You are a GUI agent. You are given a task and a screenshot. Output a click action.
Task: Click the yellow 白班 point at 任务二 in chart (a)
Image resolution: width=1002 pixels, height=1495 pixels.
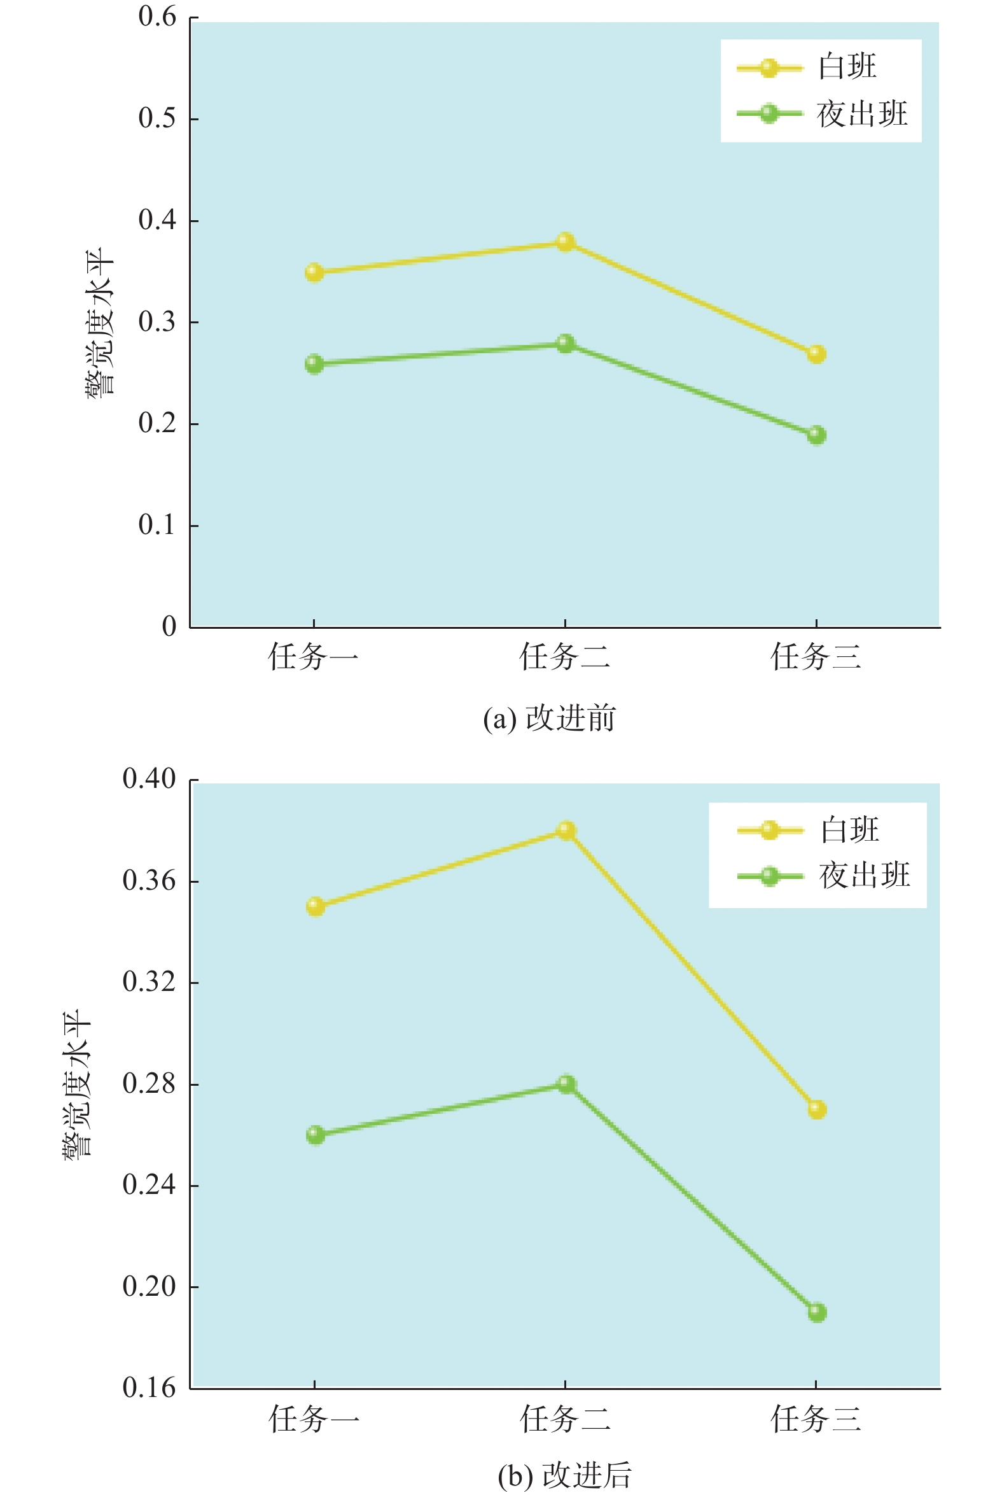pyautogui.click(x=566, y=242)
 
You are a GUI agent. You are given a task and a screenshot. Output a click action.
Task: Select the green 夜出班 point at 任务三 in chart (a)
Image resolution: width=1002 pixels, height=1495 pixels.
pyautogui.click(x=816, y=435)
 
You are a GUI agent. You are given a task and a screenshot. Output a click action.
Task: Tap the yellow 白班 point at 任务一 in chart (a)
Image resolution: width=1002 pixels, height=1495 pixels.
pyautogui.click(x=314, y=273)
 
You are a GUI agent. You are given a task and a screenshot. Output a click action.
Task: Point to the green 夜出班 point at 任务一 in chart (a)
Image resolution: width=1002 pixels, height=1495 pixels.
pyautogui.click(x=314, y=364)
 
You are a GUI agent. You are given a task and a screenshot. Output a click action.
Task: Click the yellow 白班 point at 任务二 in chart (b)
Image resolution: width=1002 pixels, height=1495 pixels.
pyautogui.click(x=566, y=831)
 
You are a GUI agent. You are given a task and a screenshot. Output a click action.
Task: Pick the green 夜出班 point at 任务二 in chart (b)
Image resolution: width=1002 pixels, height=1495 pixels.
pyautogui.click(x=566, y=1084)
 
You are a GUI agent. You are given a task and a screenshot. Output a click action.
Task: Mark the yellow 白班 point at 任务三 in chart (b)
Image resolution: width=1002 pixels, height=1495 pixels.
pyautogui.click(x=817, y=1109)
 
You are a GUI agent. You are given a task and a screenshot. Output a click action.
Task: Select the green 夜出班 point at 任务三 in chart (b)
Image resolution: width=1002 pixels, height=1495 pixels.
pyautogui.click(x=817, y=1313)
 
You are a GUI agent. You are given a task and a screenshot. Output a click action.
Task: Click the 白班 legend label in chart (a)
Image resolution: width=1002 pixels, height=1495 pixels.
pyautogui.click(x=847, y=67)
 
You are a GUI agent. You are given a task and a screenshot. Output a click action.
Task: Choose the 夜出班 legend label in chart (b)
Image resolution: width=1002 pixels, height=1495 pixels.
pyautogui.click(x=865, y=875)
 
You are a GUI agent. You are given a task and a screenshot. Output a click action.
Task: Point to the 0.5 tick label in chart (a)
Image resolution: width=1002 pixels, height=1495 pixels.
pyautogui.click(x=157, y=118)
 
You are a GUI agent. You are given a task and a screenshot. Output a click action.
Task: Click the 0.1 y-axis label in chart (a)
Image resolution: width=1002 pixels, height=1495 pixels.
pyautogui.click(x=157, y=526)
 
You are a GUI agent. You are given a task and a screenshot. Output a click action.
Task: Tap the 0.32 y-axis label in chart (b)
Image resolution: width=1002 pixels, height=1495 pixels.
pyautogui.click(x=149, y=983)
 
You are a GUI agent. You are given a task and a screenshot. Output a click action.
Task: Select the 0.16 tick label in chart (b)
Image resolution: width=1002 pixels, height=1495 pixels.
pyautogui.click(x=149, y=1388)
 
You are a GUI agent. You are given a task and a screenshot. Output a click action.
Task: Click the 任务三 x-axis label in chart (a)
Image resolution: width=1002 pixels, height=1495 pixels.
pyautogui.click(x=816, y=657)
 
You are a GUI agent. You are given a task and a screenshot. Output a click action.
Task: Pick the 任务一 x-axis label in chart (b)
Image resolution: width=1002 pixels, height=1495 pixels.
pyautogui.click(x=314, y=1419)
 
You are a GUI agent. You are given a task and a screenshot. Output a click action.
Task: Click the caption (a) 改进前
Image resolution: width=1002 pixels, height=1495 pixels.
pyautogui.click(x=550, y=719)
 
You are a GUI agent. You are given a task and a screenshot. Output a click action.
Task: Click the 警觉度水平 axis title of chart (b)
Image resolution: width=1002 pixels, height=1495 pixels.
pyautogui.click(x=78, y=1083)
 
